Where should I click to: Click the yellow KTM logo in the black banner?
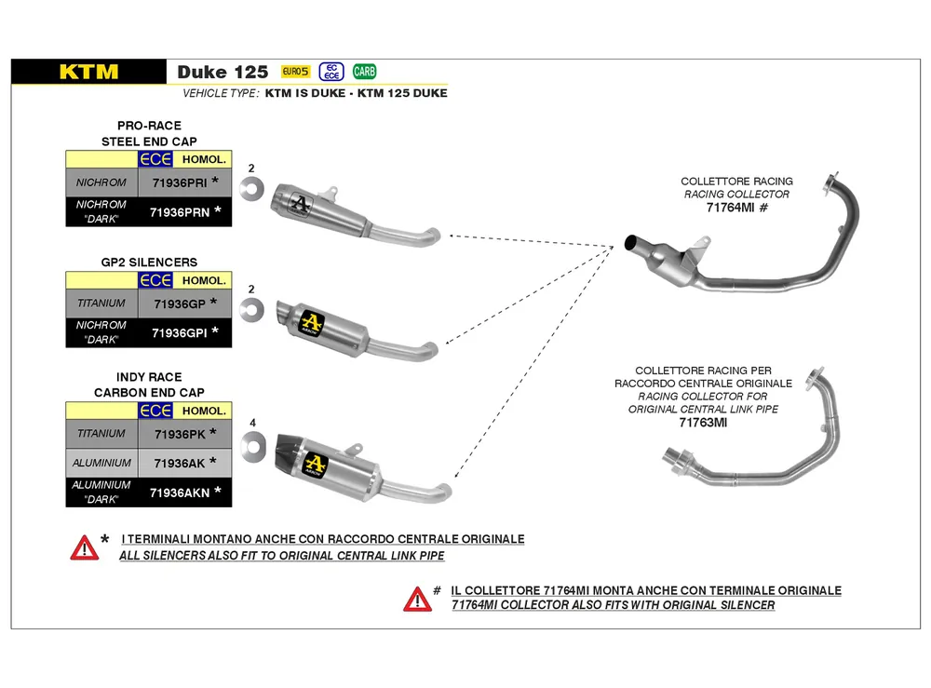point(88,72)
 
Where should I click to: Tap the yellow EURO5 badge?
point(295,72)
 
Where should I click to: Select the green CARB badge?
point(364,72)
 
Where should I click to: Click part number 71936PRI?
point(180,182)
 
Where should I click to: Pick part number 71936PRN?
point(180,212)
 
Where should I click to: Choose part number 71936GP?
point(180,304)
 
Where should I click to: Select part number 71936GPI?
point(180,333)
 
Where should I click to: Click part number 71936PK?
point(180,435)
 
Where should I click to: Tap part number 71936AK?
point(180,463)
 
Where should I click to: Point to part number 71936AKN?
point(180,492)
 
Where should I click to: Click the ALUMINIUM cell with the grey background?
point(101,463)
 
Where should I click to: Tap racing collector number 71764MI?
point(730,208)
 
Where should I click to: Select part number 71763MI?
point(703,423)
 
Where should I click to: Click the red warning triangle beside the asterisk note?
point(85,548)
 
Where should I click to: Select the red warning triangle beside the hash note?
point(417,600)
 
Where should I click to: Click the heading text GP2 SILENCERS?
point(149,263)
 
